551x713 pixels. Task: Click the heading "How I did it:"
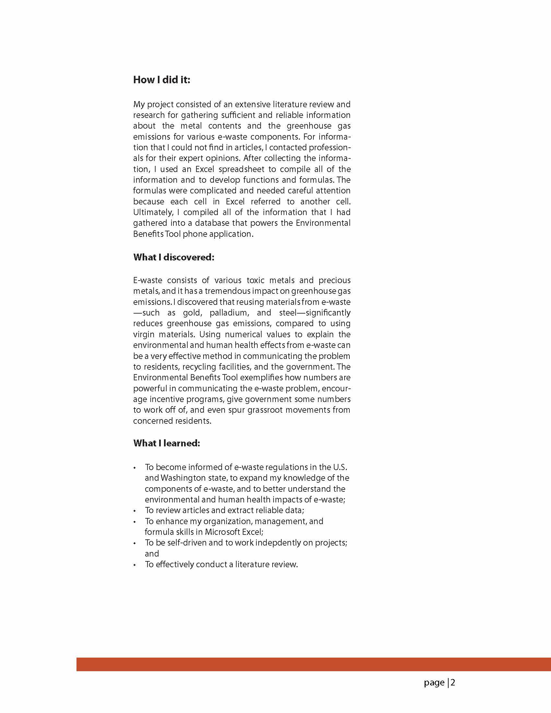click(x=161, y=80)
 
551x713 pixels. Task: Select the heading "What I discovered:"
click(x=173, y=257)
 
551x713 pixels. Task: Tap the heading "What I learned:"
click(x=166, y=443)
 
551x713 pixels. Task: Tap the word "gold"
click(x=192, y=313)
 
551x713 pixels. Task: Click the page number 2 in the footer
click(x=453, y=683)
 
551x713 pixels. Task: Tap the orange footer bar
click(x=313, y=664)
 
